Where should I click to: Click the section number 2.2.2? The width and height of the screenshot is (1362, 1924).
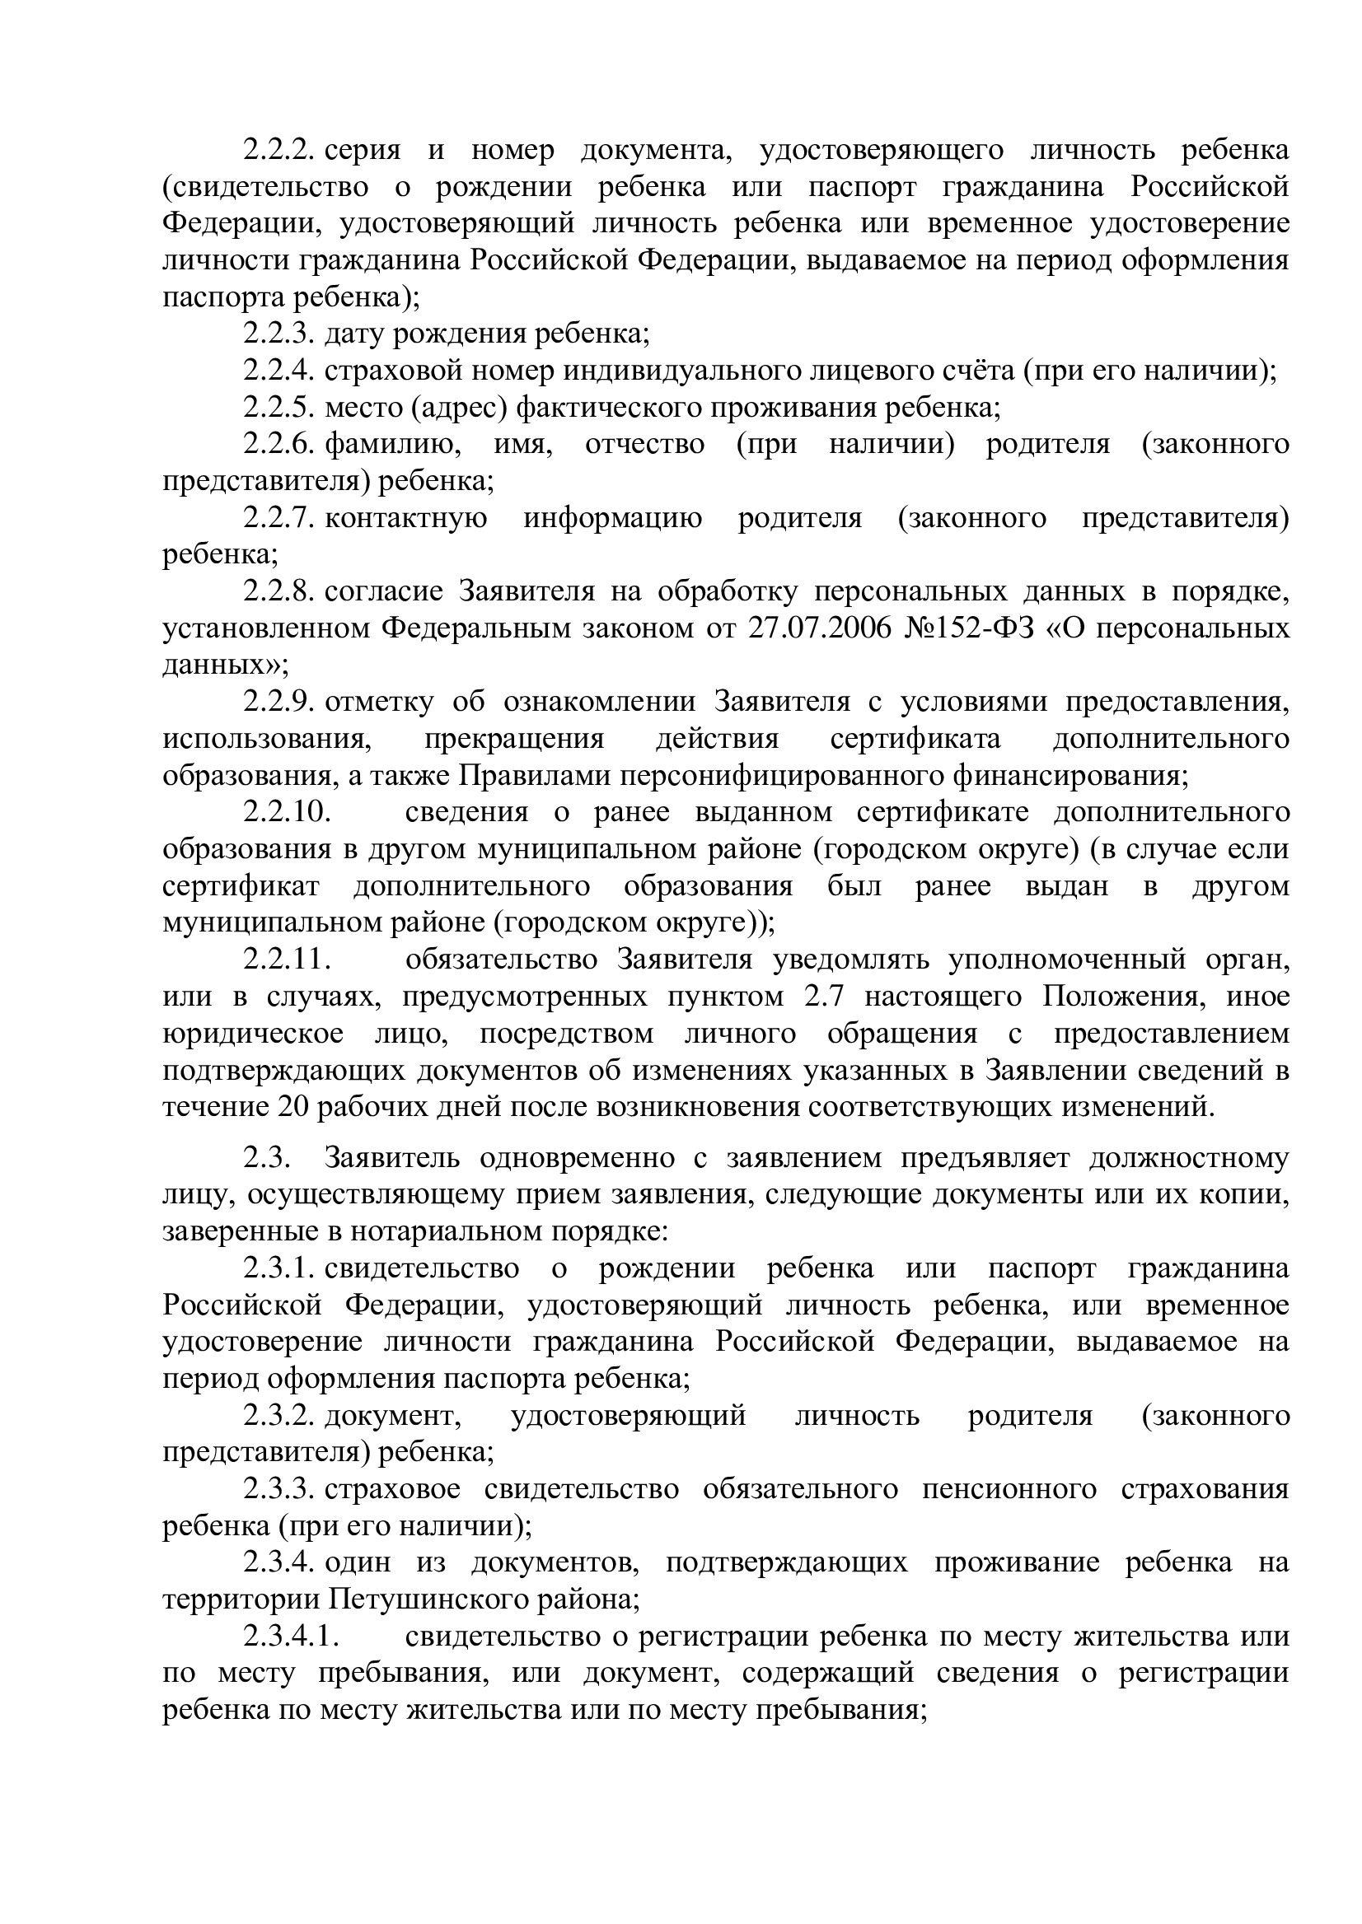278,151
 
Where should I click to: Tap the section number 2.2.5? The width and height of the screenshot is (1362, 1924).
278,408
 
